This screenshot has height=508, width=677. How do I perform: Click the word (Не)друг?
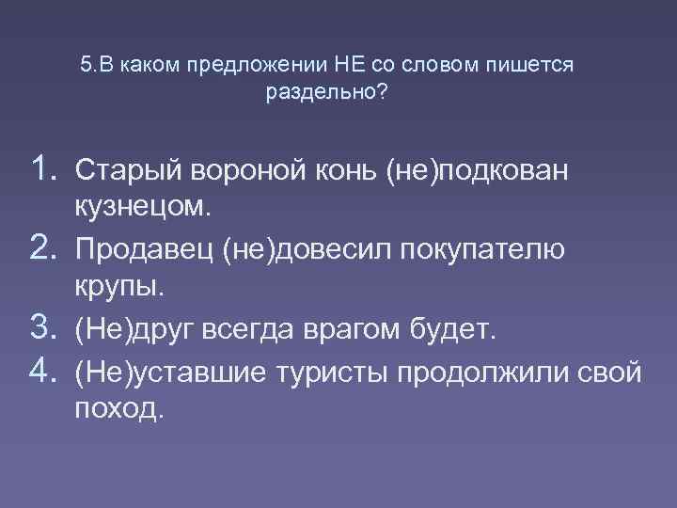click(132, 330)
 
